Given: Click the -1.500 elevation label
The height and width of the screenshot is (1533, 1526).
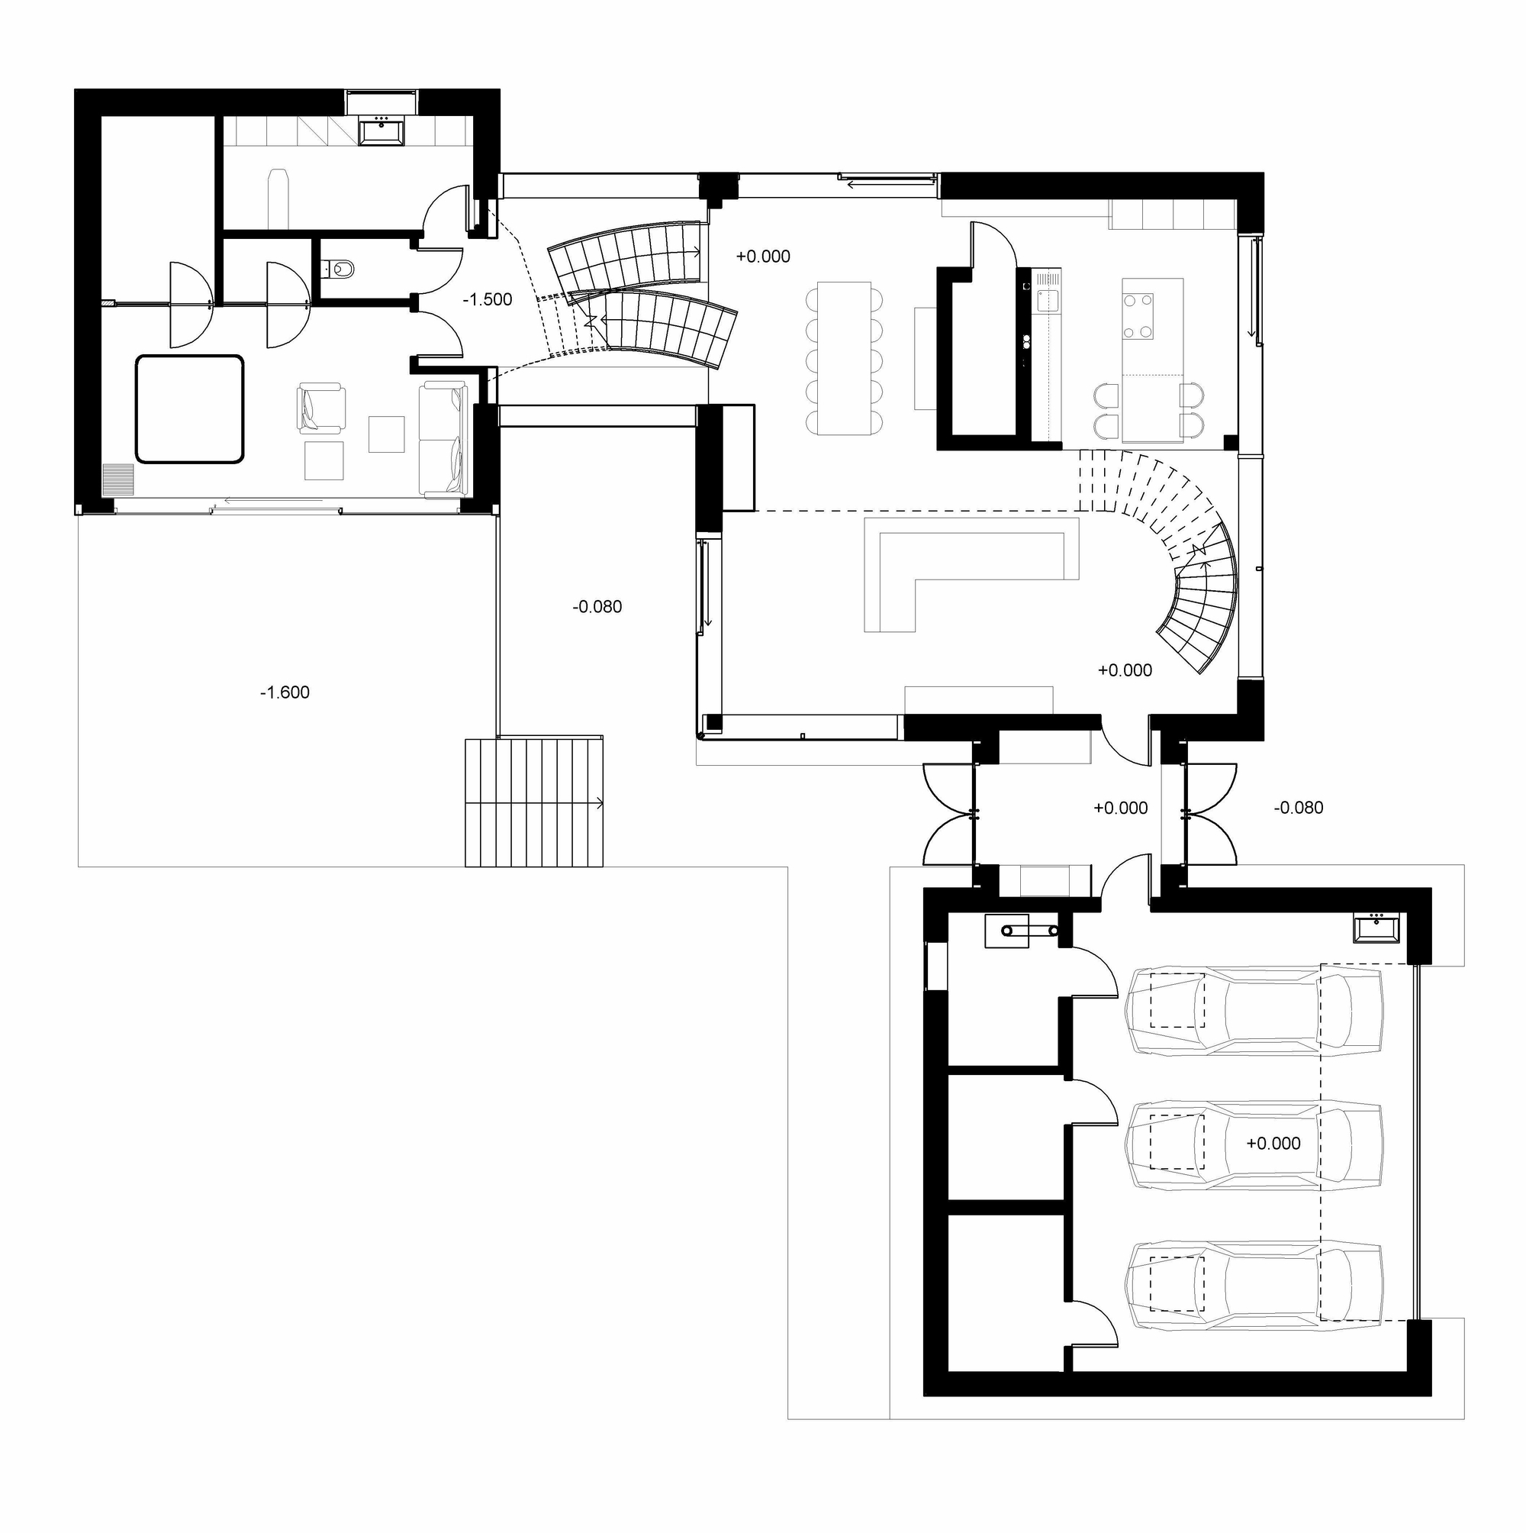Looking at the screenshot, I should coord(487,300).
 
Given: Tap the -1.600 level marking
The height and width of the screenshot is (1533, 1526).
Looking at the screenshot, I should coord(285,692).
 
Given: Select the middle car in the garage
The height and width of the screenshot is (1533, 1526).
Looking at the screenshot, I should coord(1254,1144).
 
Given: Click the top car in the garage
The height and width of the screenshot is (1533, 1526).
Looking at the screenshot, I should coord(1254,1011).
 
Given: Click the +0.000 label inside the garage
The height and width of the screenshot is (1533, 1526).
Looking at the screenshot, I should coord(1273,1144).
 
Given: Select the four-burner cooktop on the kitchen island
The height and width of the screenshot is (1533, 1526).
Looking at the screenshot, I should coord(1138,317).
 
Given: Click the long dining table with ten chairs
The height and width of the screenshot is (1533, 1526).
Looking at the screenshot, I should coord(844,357).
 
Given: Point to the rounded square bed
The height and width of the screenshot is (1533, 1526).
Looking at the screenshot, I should coord(188,408).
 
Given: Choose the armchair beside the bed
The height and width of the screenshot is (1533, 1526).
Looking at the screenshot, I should coord(320,408).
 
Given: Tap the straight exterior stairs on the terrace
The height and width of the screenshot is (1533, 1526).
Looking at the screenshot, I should coord(534,803).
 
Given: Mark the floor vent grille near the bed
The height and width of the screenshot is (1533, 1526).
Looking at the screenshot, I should coord(118,479).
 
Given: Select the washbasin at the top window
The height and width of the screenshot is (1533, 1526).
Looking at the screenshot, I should coord(382,131).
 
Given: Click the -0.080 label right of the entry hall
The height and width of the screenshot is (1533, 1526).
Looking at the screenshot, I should coord(1299,808).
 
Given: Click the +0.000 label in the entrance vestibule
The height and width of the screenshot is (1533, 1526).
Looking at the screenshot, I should coord(1120,808).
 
